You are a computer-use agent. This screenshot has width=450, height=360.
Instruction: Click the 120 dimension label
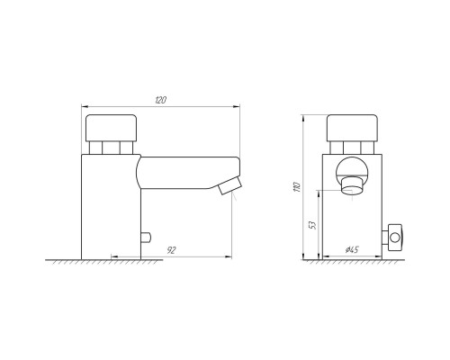pos(160,100)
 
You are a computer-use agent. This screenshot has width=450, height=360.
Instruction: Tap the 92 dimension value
pos(171,250)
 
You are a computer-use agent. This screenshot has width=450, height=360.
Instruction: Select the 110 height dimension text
pos(297,186)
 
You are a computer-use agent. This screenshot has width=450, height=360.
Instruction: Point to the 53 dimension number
pos(312,225)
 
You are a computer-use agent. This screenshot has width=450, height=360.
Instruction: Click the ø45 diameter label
pos(352,249)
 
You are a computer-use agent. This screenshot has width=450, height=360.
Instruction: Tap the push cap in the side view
pos(112,128)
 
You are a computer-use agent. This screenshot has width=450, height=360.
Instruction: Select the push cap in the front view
pos(352,128)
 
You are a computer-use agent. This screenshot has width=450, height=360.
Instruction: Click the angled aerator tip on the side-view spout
pos(230,185)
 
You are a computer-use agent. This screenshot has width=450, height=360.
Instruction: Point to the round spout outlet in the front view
pos(352,186)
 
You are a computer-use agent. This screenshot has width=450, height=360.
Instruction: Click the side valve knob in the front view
pos(395,238)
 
